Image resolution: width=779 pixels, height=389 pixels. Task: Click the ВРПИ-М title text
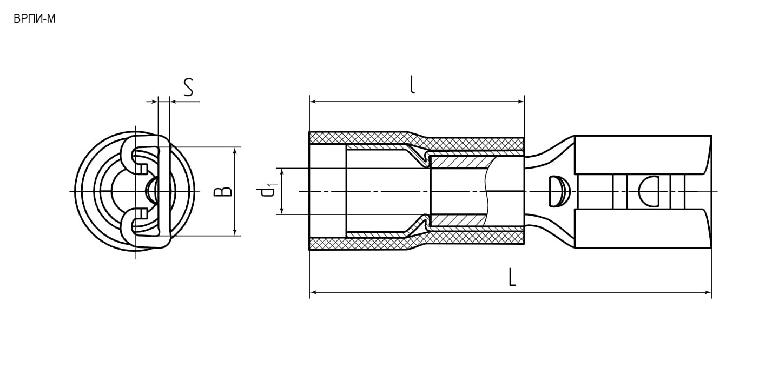click(x=35, y=19)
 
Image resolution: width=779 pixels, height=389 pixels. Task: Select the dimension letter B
click(x=223, y=191)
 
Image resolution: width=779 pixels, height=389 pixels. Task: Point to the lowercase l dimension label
click(x=412, y=84)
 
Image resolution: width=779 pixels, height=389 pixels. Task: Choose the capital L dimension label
click(x=512, y=277)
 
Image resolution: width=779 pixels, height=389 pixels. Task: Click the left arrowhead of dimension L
click(x=313, y=292)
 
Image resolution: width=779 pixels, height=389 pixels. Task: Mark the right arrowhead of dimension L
click(x=708, y=292)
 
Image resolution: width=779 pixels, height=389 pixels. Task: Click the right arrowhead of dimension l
click(x=521, y=102)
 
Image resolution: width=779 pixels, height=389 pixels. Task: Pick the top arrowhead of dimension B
click(x=235, y=151)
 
